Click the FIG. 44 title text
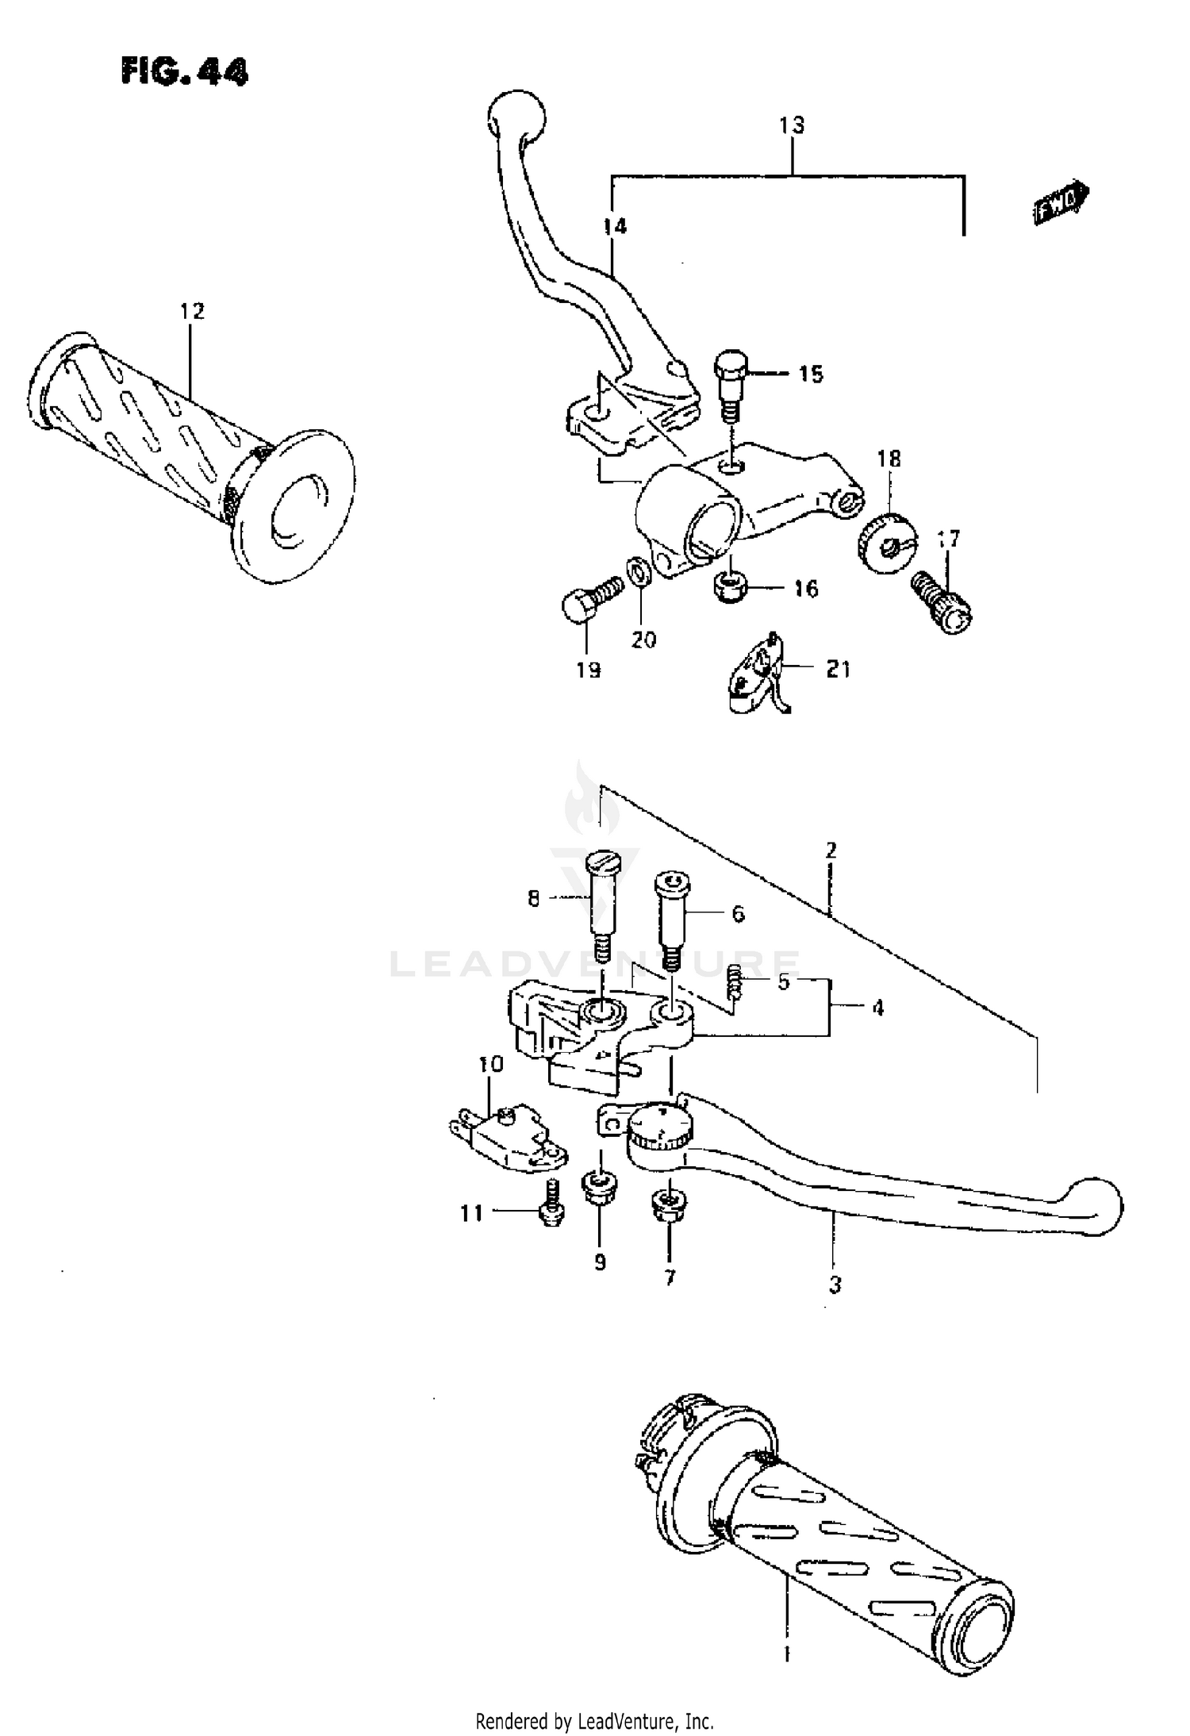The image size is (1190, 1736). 184,71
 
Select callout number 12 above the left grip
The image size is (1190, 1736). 192,311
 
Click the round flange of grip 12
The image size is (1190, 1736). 294,508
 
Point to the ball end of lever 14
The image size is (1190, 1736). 516,117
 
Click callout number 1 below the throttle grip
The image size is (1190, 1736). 787,1655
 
